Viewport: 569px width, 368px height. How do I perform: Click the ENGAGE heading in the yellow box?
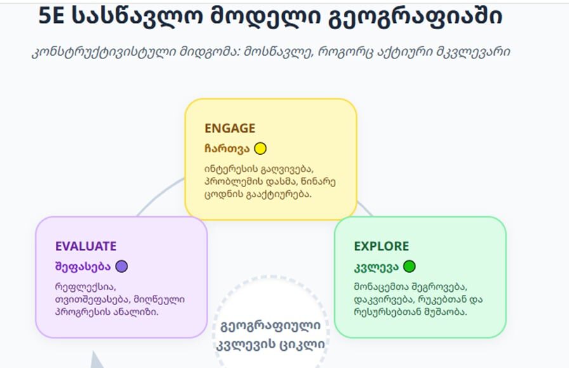(x=230, y=128)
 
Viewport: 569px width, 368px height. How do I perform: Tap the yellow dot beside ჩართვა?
(x=260, y=149)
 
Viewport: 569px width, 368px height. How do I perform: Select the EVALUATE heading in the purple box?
(x=86, y=246)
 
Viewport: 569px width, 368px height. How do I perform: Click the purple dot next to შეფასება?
(x=122, y=266)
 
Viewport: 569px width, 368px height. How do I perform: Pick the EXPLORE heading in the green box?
(x=381, y=246)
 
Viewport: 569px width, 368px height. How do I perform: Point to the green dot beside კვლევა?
(x=409, y=266)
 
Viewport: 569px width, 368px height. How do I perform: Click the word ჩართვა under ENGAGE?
(x=227, y=149)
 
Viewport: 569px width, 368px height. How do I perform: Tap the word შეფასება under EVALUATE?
(x=82, y=266)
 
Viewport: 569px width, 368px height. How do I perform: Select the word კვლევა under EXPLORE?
(x=376, y=267)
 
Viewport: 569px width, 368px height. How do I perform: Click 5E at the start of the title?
(x=51, y=16)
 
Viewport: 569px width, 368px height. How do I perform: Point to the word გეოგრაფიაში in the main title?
(x=415, y=16)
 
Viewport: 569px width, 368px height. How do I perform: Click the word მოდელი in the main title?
(x=265, y=16)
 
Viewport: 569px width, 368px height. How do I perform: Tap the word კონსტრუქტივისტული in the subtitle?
(x=103, y=52)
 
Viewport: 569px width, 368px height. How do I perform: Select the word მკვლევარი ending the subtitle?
(x=473, y=52)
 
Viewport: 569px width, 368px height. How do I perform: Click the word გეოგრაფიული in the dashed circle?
(x=270, y=326)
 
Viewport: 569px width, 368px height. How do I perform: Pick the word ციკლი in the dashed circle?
(x=302, y=344)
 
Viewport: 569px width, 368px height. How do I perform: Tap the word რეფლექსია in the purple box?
(x=86, y=287)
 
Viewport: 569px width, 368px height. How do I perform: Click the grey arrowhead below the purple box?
(x=96, y=361)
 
